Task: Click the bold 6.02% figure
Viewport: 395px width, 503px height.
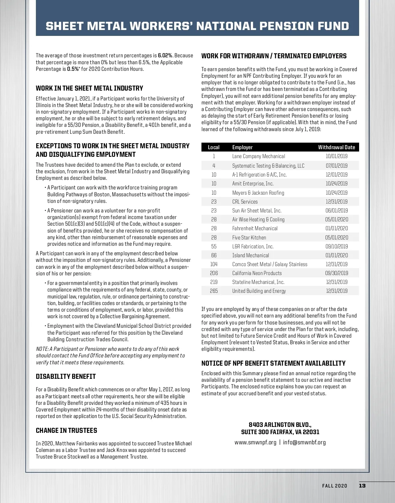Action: coord(165,56)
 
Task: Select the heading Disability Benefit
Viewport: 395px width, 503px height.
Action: coord(66,377)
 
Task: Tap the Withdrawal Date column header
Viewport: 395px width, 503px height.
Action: coord(336,147)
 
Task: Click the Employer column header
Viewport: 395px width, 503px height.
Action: coord(242,147)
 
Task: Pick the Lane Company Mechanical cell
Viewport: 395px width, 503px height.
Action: coord(258,156)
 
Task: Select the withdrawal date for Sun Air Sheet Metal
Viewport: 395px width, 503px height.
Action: coord(336,210)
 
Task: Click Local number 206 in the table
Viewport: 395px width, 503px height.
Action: coord(214,273)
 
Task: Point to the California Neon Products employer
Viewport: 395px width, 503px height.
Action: coord(257,273)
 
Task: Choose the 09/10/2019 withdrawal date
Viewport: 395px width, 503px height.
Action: coord(336,246)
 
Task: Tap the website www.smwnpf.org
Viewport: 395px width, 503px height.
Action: coord(255,442)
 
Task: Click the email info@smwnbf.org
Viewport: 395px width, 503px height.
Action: coord(304,442)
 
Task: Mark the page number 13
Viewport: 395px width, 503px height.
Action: coord(362,486)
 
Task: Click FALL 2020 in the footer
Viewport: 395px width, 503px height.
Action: coord(334,486)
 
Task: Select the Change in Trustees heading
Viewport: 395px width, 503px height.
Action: coord(66,431)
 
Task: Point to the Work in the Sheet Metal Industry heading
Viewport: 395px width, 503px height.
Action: coord(90,88)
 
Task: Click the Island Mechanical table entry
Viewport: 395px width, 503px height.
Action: coord(250,255)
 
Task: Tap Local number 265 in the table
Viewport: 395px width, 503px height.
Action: coord(214,291)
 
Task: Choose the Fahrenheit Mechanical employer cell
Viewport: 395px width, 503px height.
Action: coord(255,228)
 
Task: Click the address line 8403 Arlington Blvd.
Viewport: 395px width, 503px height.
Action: coord(280,425)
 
